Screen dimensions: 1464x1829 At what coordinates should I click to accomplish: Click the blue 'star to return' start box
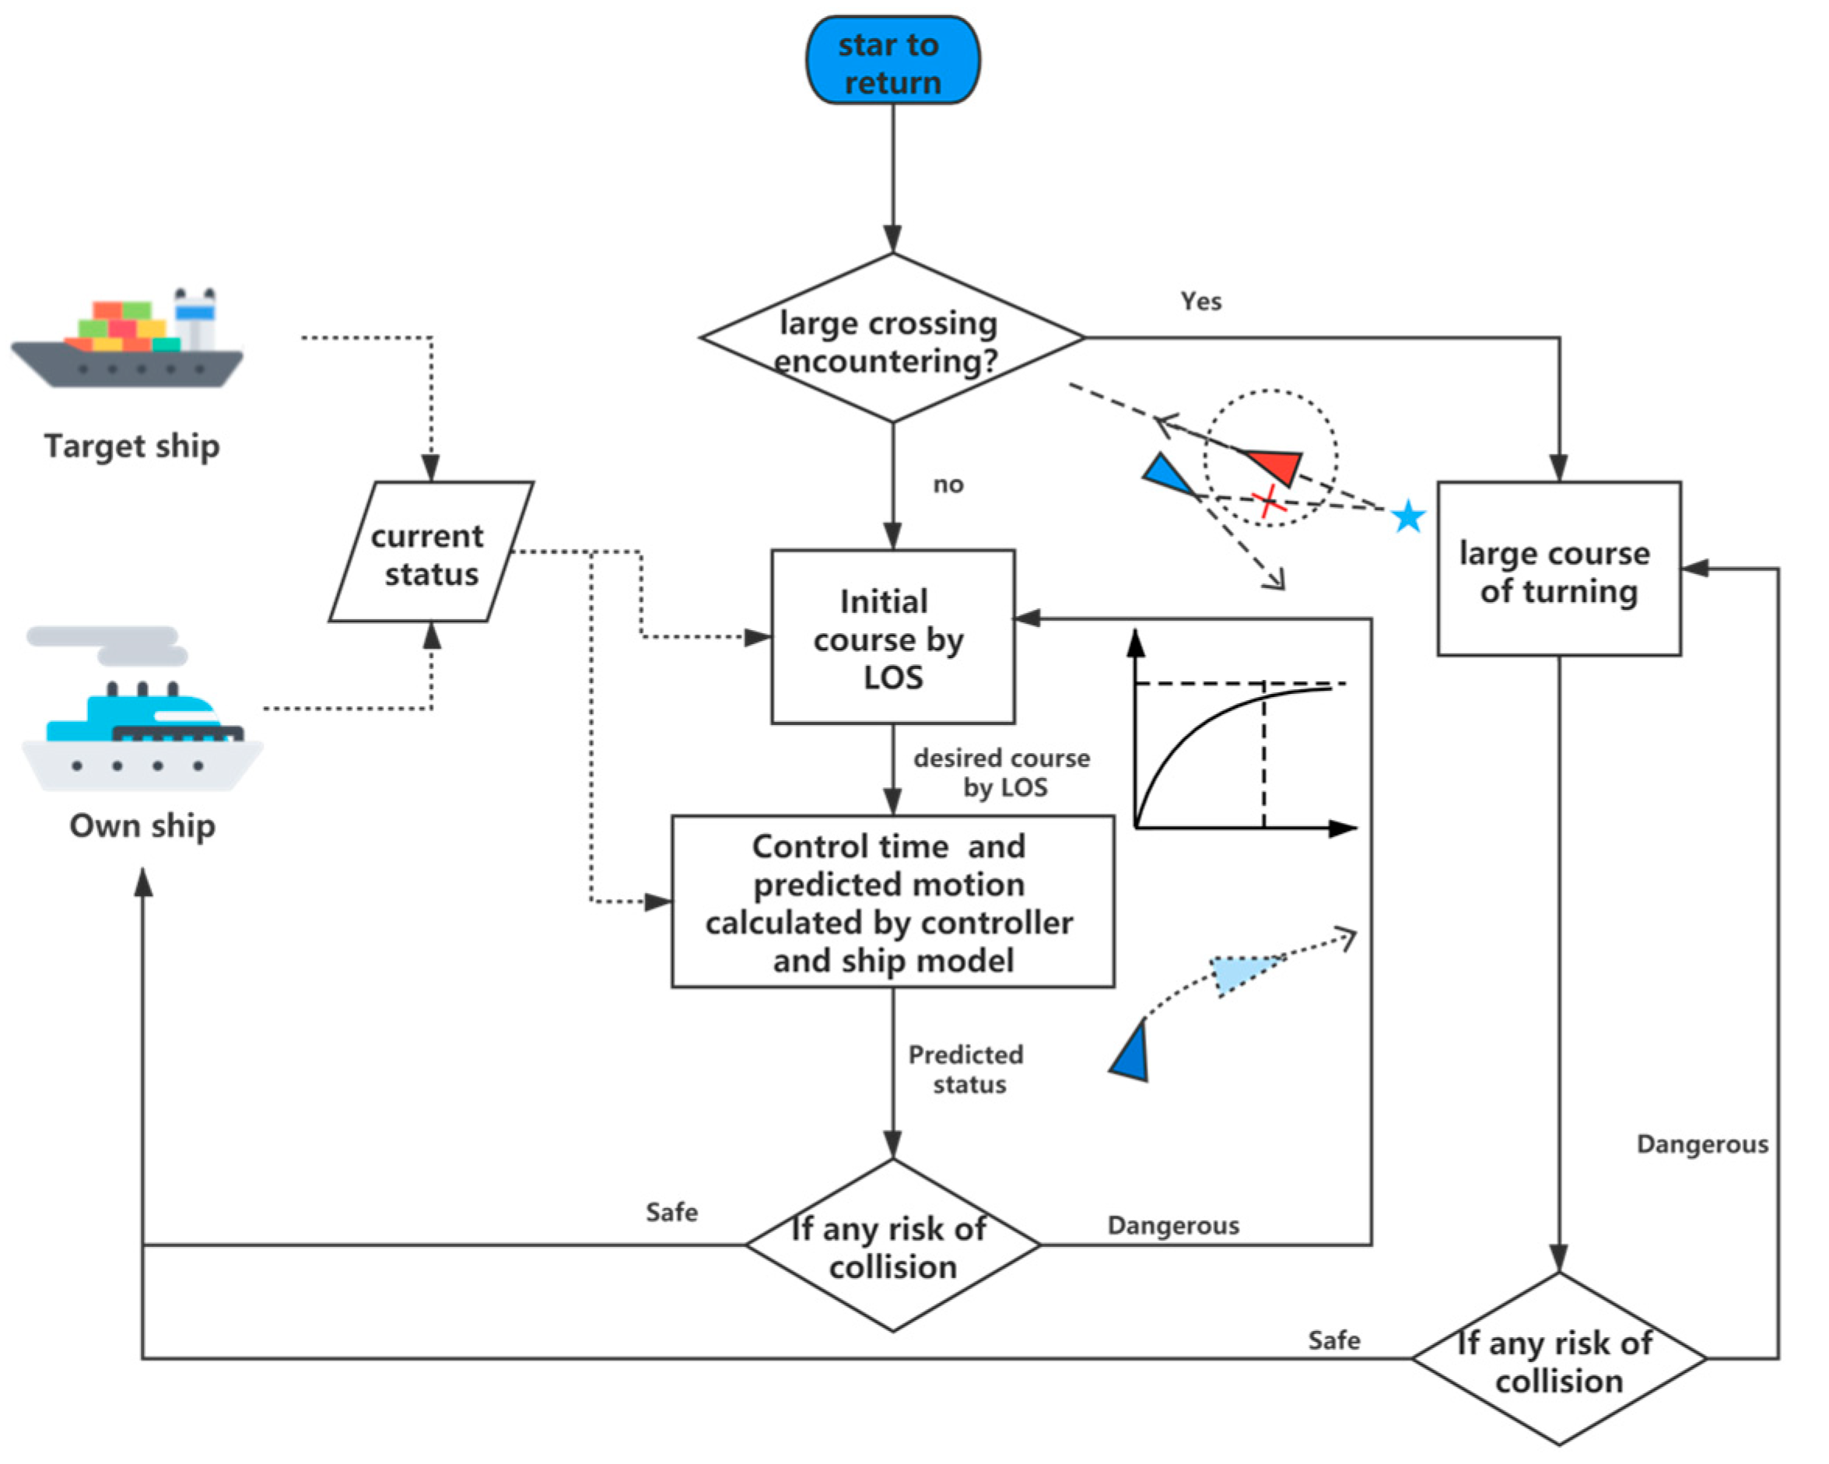click(x=892, y=61)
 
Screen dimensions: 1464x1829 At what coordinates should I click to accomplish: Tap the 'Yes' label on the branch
click(x=1200, y=301)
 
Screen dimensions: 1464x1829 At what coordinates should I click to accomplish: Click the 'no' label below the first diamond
click(x=948, y=485)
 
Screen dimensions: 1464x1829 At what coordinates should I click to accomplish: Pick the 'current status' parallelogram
click(x=431, y=553)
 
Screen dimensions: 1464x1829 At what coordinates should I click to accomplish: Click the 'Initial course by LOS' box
click(x=892, y=638)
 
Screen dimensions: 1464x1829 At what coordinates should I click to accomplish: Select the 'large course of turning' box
click(x=1558, y=570)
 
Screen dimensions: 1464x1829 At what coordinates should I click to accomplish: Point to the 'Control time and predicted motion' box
click(x=892, y=902)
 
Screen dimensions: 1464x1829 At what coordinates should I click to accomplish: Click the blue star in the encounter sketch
click(x=1408, y=516)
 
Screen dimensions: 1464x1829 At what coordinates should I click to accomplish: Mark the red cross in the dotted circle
click(x=1268, y=501)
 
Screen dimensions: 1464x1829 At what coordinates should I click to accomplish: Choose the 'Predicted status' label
click(x=967, y=1069)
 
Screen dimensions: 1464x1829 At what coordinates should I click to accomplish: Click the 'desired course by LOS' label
click(x=1003, y=772)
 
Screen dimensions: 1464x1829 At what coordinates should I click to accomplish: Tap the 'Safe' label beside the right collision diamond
click(x=1333, y=1340)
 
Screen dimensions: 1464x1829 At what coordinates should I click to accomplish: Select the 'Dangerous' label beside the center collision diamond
click(x=1173, y=1226)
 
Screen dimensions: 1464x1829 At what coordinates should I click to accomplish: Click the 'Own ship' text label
click(x=142, y=826)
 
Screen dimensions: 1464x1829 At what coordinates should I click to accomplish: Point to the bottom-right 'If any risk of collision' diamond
click(x=1558, y=1359)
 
